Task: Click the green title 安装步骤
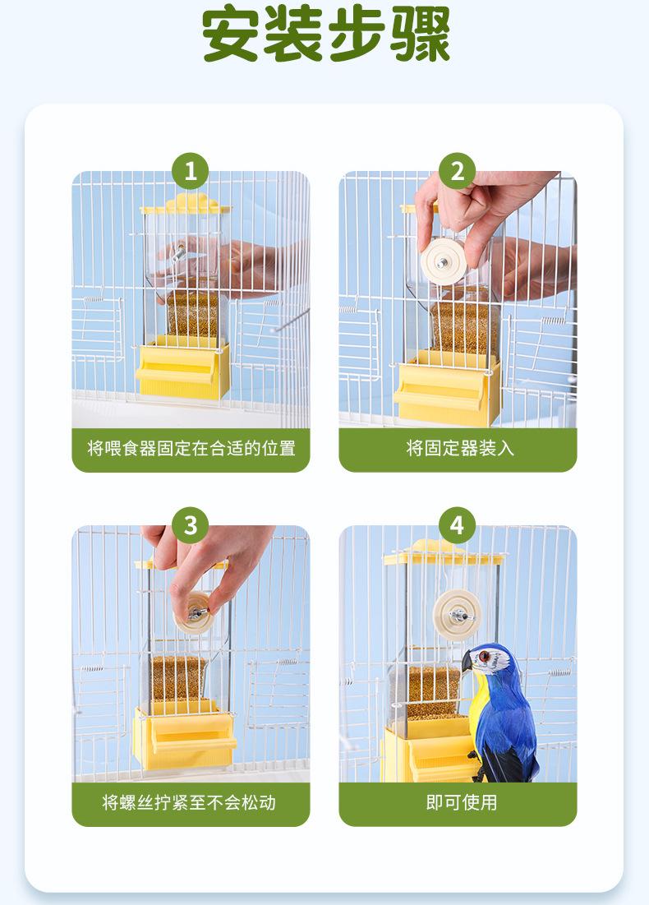tap(326, 34)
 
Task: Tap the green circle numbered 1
tap(191, 171)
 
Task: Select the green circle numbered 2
tap(457, 171)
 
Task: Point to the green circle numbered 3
tap(191, 525)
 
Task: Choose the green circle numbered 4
tap(457, 525)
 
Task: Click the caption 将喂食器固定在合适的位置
tap(191, 448)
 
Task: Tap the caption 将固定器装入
tap(460, 448)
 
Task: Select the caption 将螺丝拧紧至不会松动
tap(189, 802)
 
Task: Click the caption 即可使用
tap(462, 802)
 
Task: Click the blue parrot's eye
tap(483, 656)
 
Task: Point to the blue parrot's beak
tap(467, 662)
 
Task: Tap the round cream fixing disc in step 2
tap(443, 261)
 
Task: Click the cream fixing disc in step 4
tap(458, 615)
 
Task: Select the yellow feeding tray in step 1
tap(182, 370)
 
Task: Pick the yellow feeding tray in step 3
tap(184, 737)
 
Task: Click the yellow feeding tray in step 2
tap(447, 390)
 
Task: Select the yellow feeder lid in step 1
tap(186, 205)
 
